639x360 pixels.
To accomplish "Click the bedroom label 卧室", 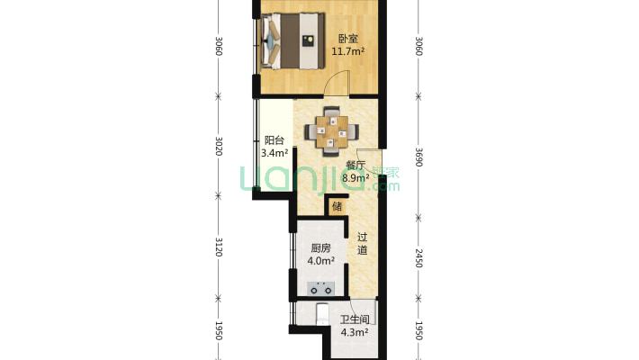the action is tap(348, 39).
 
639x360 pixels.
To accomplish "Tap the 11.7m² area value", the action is tap(347, 51).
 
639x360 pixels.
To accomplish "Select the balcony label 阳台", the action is tap(274, 140).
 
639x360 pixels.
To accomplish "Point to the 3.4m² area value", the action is tap(274, 153).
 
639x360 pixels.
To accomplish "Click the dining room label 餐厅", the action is tap(355, 165).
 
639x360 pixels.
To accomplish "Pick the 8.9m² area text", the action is tap(355, 178).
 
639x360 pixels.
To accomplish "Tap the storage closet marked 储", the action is tap(337, 206).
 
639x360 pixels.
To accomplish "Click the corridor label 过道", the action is tap(363, 243).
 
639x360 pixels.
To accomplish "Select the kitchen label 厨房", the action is tap(320, 247).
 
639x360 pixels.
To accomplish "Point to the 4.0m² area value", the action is tap(320, 260).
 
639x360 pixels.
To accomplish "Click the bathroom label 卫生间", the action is tap(355, 319).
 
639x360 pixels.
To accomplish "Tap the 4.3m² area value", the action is tap(355, 332).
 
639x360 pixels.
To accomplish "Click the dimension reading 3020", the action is tap(219, 146).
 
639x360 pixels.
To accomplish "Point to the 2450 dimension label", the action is tap(418, 258).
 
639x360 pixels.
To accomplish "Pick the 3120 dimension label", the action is tap(219, 247).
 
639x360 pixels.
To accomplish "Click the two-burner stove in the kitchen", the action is tap(320, 288).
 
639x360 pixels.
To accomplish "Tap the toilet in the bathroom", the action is tap(322, 314).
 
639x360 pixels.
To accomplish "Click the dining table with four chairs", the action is tap(332, 131).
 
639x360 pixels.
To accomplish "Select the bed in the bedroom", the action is tap(293, 40).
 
